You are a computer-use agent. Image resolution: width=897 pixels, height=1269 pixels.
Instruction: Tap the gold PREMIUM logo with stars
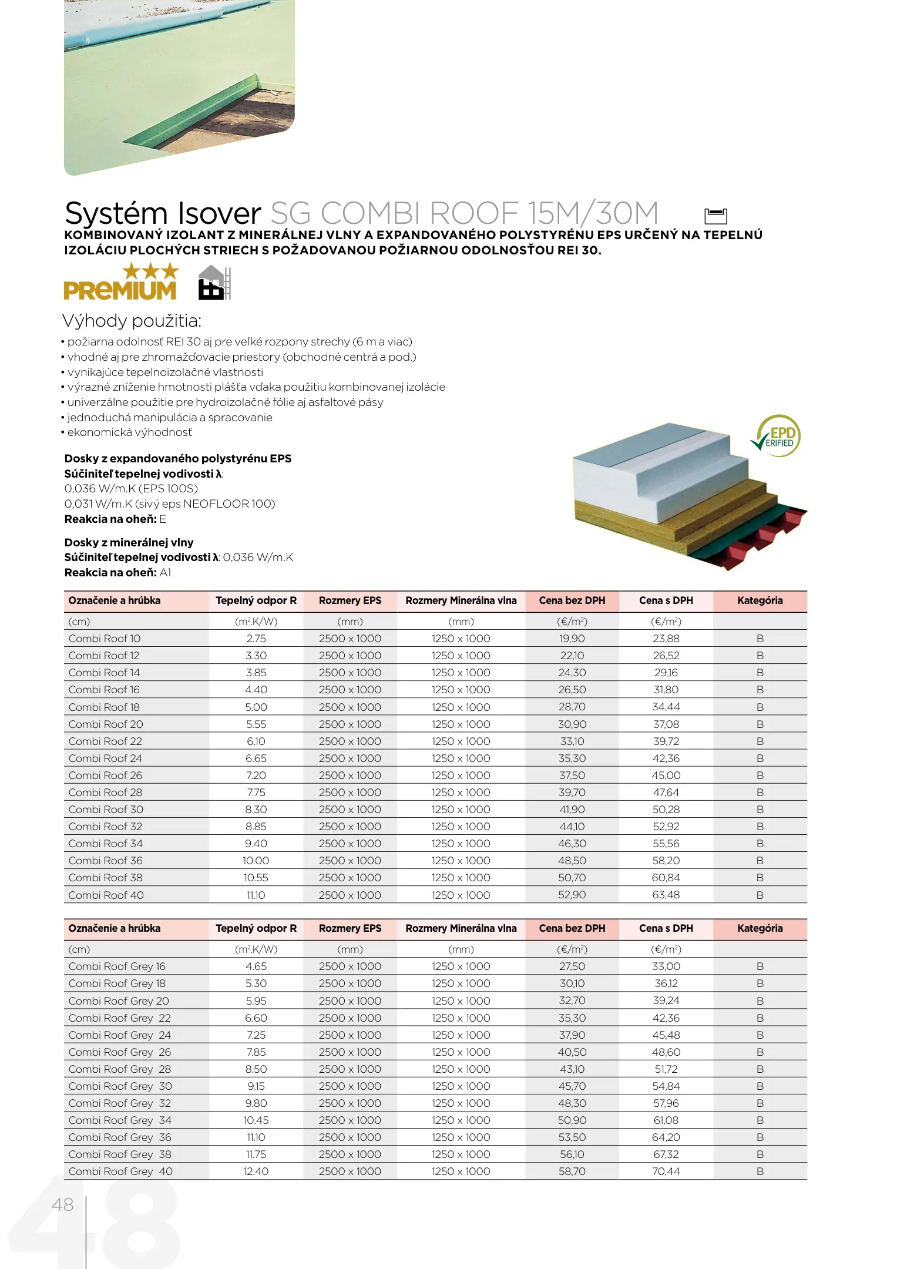pyautogui.click(x=120, y=283)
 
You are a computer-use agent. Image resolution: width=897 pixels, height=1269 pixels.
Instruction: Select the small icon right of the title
pyautogui.click(x=715, y=216)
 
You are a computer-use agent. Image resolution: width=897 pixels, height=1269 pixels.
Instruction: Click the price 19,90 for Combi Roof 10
pyautogui.click(x=572, y=639)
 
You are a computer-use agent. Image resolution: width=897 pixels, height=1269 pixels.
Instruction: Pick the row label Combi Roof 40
pyautogui.click(x=106, y=895)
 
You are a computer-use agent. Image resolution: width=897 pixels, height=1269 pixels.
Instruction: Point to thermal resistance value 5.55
pyautogui.click(x=256, y=724)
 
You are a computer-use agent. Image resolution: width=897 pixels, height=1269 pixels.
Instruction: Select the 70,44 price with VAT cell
pyautogui.click(x=666, y=1171)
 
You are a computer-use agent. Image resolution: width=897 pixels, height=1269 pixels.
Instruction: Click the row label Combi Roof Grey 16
pyautogui.click(x=117, y=966)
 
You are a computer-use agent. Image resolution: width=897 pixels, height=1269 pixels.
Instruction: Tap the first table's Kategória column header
pyautogui.click(x=760, y=600)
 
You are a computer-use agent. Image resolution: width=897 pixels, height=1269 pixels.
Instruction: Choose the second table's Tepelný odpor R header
pyautogui.click(x=256, y=928)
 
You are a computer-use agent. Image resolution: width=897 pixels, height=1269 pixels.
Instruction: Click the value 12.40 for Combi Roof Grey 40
pyautogui.click(x=256, y=1171)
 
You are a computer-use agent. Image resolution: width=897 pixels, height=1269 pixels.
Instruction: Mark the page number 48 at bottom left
pyautogui.click(x=63, y=1204)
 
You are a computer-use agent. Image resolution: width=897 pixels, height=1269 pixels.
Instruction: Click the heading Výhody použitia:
pyautogui.click(x=132, y=321)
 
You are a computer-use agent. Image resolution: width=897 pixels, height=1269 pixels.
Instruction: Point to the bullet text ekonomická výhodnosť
pyautogui.click(x=129, y=432)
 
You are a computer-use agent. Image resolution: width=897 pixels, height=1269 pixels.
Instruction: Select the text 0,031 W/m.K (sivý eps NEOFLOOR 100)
pyautogui.click(x=170, y=503)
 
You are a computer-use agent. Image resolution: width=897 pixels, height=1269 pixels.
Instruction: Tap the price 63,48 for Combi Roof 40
pyautogui.click(x=666, y=895)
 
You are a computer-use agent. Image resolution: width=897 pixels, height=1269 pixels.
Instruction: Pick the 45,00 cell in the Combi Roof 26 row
pyautogui.click(x=666, y=775)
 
